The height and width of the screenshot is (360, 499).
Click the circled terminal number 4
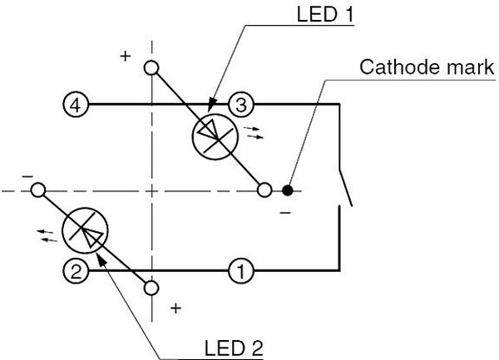[x=74, y=106]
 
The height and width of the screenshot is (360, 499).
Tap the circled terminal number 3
[x=240, y=106]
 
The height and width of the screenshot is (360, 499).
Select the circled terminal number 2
[x=74, y=270]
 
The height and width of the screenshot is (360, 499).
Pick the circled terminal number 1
[x=240, y=270]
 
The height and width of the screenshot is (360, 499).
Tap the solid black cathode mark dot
[x=286, y=190]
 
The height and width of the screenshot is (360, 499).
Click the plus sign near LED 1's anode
[x=126, y=56]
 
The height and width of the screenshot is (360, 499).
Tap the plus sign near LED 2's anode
[x=175, y=308]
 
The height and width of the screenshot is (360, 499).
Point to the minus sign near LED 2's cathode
[x=27, y=177]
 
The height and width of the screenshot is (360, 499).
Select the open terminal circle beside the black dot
[x=264, y=190]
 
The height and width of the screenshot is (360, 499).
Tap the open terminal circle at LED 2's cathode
[x=37, y=190]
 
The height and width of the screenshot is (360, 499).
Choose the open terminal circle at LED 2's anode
[x=151, y=288]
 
